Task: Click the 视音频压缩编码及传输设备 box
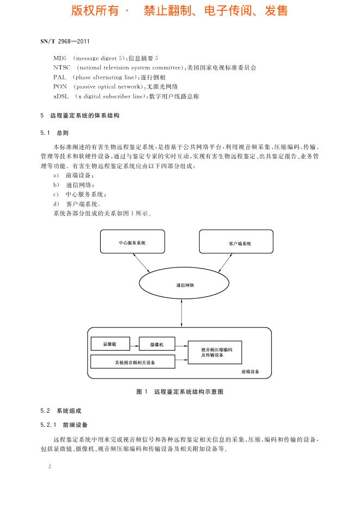tap(215, 352)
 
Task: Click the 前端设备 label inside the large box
tap(250, 372)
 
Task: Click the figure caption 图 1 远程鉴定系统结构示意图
tap(180, 392)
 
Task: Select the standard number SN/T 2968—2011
tap(64, 41)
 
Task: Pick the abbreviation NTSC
tap(63, 67)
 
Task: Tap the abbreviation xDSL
tap(61, 96)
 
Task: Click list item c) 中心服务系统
tap(79, 195)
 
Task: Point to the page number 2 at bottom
tap(49, 467)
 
